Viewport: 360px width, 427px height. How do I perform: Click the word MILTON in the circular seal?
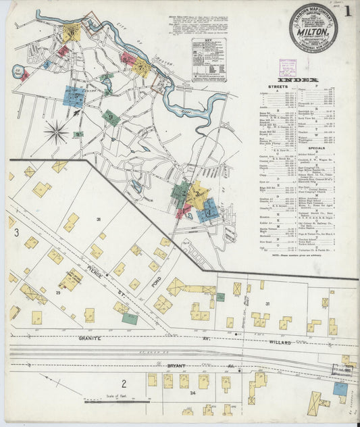coord(313,29)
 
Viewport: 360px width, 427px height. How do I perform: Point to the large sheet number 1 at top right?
coord(346,11)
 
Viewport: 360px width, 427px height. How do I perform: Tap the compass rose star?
coord(57,130)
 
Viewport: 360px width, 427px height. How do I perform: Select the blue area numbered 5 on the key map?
coord(74,96)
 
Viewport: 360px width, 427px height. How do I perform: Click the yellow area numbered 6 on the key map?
coord(72,31)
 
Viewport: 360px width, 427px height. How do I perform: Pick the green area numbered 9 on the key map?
coord(112,118)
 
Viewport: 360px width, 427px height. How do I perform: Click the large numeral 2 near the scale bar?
coord(124,383)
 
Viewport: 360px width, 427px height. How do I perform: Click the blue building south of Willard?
coord(340,388)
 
